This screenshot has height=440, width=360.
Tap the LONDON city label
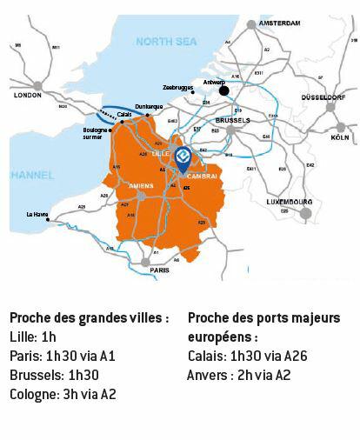coord(29,96)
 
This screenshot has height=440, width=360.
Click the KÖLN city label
coord(340,138)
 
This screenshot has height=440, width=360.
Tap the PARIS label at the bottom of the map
coord(159,270)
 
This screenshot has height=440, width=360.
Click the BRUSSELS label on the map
coord(232,120)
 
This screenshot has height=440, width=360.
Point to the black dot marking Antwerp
coord(223,90)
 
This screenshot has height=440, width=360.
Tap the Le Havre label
coord(37,214)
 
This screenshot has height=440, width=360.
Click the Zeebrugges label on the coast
coord(177,87)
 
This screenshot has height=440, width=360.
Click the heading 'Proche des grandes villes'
coord(89,318)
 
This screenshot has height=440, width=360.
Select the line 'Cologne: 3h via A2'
coord(63,394)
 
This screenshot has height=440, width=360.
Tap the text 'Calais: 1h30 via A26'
coord(247,356)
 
